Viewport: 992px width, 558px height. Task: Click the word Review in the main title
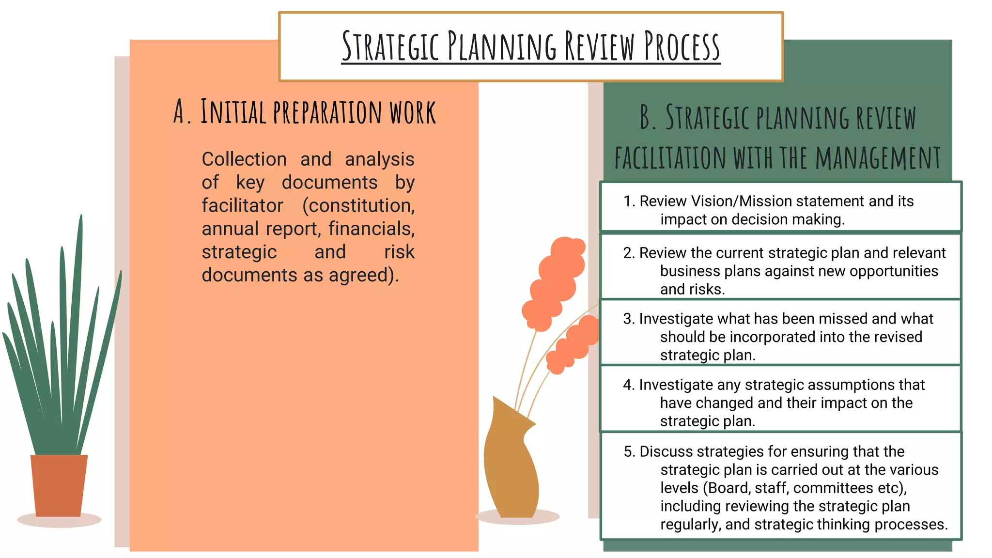click(x=599, y=46)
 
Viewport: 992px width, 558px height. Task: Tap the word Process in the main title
click(x=682, y=46)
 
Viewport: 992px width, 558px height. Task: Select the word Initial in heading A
click(x=233, y=112)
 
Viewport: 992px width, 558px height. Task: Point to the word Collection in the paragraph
click(x=244, y=159)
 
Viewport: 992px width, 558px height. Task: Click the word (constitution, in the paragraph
click(x=358, y=206)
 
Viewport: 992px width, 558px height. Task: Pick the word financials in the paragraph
click(x=372, y=229)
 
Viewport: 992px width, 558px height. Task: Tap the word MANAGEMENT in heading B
click(x=878, y=158)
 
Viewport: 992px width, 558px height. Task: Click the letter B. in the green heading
click(x=648, y=118)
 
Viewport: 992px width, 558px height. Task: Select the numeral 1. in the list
click(x=629, y=201)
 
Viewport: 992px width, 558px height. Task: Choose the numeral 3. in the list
click(x=629, y=319)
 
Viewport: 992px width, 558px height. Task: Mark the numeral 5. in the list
click(x=629, y=451)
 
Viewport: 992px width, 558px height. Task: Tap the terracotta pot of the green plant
click(x=59, y=485)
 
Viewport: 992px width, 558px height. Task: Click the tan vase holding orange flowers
click(x=511, y=465)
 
